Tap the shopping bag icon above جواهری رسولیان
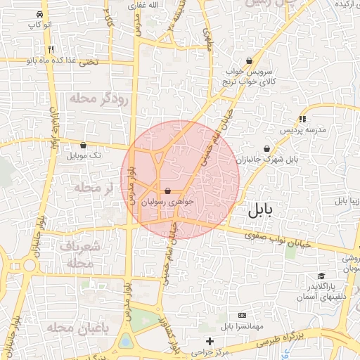[167, 191]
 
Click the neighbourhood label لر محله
[93, 188]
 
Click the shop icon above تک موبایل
[84, 145]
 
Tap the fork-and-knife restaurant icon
[51, 50]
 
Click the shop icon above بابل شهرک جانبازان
[266, 148]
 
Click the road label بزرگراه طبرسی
[278, 340]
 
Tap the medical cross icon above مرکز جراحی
[210, 341]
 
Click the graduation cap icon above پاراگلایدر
[321, 276]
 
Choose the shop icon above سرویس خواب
[250, 60]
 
